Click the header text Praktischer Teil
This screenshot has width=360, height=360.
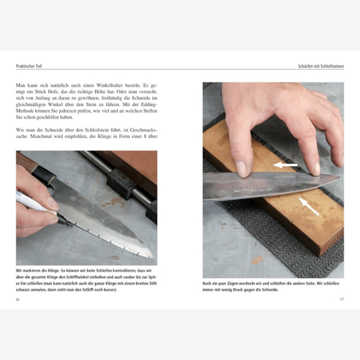click(29, 66)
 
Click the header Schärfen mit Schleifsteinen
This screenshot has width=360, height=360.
click(321, 66)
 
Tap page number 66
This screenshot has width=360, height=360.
click(18, 299)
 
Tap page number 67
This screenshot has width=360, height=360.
click(342, 299)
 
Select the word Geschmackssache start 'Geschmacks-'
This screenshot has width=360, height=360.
click(143, 130)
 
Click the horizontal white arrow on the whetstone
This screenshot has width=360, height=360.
click(285, 165)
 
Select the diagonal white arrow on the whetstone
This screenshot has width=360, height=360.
click(309, 206)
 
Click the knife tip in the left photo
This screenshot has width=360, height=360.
click(153, 257)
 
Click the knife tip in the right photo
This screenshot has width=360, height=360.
click(340, 176)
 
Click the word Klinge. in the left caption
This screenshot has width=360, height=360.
click(53, 270)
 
